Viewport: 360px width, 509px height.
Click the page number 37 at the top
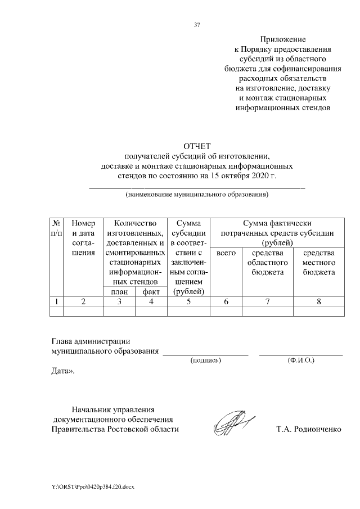[197, 25]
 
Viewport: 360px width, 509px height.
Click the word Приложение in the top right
[282, 39]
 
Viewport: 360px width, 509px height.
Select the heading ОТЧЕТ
[197, 147]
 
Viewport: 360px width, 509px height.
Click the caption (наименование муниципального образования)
[197, 195]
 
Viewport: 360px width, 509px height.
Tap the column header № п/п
[57, 228]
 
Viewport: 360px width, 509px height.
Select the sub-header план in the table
[119, 291]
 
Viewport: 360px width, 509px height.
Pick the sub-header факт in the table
[151, 291]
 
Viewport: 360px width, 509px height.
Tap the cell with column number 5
[188, 302]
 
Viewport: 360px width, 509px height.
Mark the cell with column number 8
[318, 302]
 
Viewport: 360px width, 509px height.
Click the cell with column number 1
[57, 302]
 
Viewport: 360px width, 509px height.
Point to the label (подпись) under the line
[206, 359]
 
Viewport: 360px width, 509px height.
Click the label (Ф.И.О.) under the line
[300, 359]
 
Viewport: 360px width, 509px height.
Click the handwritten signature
[232, 423]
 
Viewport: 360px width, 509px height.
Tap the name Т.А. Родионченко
[308, 429]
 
